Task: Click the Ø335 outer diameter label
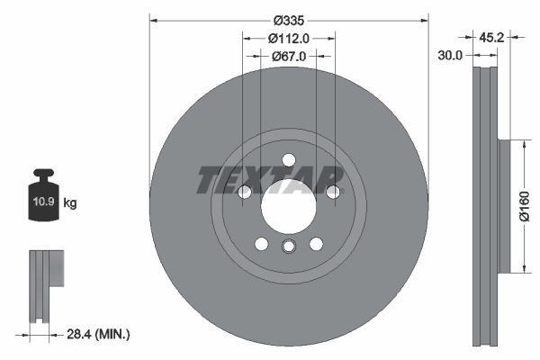pos(288,19)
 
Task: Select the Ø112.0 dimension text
pos(289,38)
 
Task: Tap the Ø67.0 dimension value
pos(289,56)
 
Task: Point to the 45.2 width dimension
pos(490,38)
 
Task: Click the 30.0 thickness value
pos(450,56)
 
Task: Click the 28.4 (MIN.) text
pos(99,335)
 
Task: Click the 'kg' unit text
pos(70,203)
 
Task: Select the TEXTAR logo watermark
pos(270,179)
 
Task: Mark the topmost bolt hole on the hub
pos(288,160)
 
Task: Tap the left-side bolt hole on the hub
pos(244,192)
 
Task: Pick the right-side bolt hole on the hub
pos(333,192)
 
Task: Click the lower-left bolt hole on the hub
pos(261,244)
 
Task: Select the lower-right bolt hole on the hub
pos(316,244)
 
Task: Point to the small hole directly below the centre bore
pos(288,247)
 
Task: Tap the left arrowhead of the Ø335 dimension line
pos(154,19)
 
